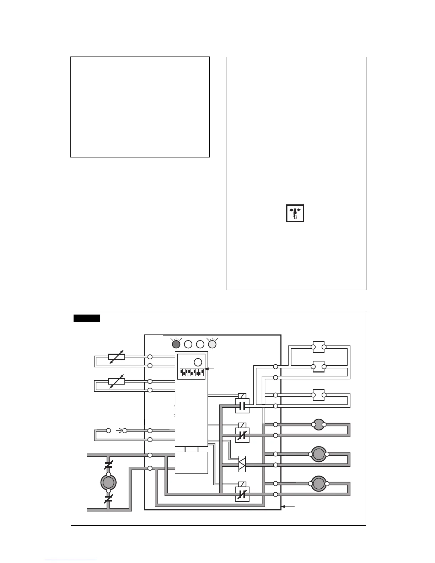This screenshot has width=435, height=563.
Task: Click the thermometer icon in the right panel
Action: pos(295,213)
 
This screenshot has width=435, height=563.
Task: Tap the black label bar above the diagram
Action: pos(87,318)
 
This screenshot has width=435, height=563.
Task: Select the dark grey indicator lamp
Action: pos(176,344)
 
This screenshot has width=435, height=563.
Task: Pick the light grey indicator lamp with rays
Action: pos(212,344)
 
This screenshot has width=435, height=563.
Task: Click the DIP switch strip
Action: pos(192,372)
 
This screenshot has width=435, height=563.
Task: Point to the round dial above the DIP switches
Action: pos(198,362)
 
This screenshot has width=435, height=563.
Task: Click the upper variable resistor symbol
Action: pos(116,356)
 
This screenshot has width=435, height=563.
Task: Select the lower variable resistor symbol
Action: pos(116,381)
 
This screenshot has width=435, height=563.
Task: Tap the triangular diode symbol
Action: pos(242,465)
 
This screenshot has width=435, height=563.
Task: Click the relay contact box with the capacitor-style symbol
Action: pos(242,406)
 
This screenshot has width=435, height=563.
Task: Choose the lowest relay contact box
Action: pos(242,494)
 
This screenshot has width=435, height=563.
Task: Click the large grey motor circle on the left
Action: pos(108,482)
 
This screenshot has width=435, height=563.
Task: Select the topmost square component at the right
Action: pos(318,347)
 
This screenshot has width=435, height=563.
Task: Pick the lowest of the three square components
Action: pos(318,395)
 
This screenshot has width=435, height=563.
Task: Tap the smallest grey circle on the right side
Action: pos(318,424)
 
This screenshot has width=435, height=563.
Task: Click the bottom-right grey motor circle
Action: pos(318,484)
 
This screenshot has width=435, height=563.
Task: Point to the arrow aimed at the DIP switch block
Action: pos(210,369)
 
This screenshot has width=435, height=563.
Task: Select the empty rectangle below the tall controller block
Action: pos(192,463)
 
